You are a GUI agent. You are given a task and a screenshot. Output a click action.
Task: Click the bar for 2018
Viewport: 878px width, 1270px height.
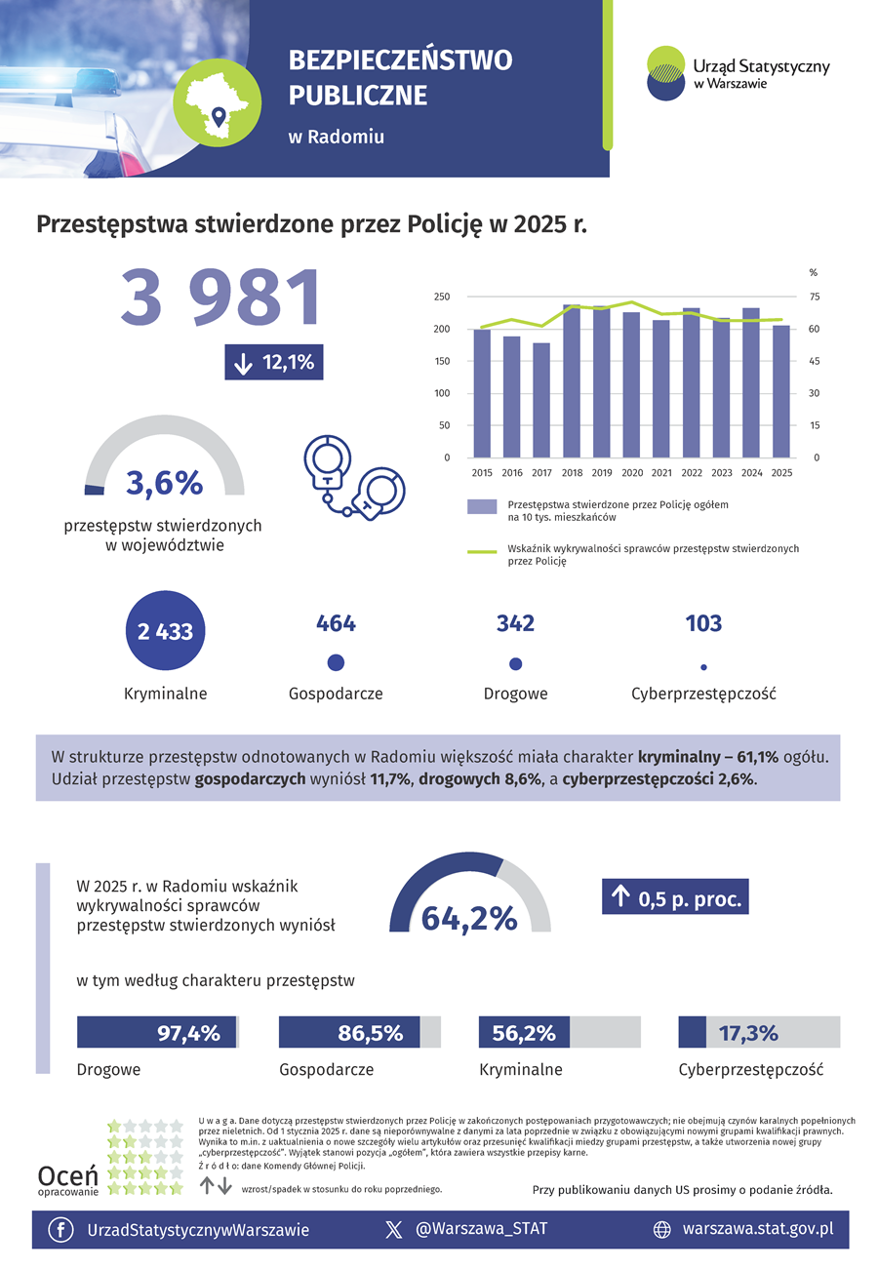pos(571,381)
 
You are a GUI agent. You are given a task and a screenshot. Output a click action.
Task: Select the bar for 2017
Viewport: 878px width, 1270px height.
pos(541,400)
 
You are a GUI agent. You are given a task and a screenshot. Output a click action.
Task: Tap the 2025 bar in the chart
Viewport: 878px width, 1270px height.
pos(781,391)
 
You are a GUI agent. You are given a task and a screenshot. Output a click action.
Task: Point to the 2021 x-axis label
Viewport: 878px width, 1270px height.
pos(661,473)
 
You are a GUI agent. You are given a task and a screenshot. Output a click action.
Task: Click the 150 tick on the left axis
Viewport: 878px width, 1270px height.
pos(442,361)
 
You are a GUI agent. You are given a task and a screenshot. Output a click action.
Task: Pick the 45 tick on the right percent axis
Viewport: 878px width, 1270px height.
pos(814,361)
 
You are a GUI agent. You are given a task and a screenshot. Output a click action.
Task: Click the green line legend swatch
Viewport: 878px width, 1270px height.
pos(482,552)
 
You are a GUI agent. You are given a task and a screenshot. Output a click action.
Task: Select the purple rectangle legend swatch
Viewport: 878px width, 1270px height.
pos(482,507)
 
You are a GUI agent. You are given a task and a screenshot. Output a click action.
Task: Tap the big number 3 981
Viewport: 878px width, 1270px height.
pos(220,298)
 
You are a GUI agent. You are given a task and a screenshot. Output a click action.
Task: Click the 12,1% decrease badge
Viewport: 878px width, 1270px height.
pos(274,362)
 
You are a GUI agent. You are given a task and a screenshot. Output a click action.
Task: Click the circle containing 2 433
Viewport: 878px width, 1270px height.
pos(165,630)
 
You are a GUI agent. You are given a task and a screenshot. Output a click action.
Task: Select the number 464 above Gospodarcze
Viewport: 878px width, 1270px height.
pos(336,623)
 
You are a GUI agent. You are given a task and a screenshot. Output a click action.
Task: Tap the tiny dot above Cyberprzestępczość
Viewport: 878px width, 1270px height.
pos(703,667)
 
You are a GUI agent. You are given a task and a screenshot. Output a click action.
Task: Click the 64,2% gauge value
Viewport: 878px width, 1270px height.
pos(469,919)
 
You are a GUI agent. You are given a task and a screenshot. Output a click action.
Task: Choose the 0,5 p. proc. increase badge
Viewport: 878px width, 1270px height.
pos(675,896)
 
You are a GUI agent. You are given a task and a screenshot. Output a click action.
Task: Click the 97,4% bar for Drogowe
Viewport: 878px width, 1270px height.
pos(156,1032)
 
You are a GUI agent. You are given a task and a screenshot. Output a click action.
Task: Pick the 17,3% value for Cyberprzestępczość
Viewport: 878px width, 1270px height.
pos(748,1033)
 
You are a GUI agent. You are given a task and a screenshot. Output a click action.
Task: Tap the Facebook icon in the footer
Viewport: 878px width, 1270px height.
pos(60,1230)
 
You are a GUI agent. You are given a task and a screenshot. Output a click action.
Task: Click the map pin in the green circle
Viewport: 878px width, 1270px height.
pos(219,116)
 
